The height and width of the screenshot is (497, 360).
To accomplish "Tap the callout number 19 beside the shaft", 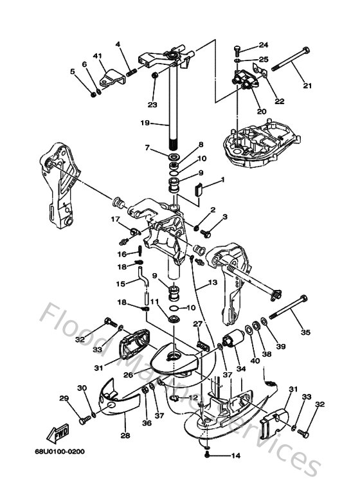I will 145,122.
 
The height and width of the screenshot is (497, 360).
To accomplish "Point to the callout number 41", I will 98,57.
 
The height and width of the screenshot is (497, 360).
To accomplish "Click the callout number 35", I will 305,332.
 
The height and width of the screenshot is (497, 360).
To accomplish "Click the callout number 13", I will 212,283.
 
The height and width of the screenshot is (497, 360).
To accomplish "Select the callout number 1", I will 222,179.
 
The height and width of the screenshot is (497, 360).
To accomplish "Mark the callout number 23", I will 152,105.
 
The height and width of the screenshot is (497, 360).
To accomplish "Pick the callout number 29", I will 64,399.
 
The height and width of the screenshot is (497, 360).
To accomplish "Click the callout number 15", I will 120,284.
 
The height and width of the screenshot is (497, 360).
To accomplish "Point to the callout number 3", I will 225,218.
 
